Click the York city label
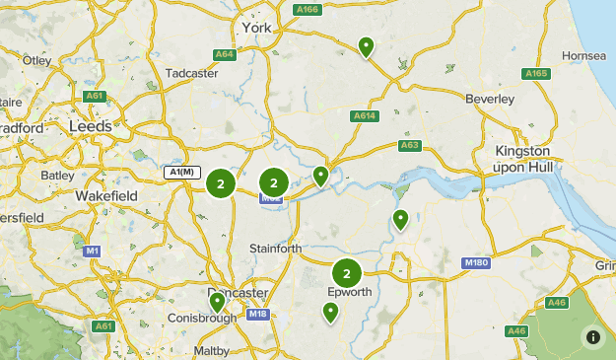tap(255, 28)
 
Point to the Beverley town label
tap(491, 100)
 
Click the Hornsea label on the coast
tap(583, 56)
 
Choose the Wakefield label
tap(106, 196)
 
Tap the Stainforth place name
tap(276, 249)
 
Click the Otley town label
tap(36, 60)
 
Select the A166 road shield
tap(308, 10)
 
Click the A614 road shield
tap(365, 115)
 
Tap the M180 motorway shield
tap(475, 263)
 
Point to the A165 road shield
tap(537, 74)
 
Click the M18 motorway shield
tap(258, 315)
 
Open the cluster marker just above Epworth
tap(346, 273)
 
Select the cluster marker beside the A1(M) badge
tap(221, 182)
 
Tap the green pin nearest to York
tap(367, 45)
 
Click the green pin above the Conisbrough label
tap(217, 301)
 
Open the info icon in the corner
tap(593, 336)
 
